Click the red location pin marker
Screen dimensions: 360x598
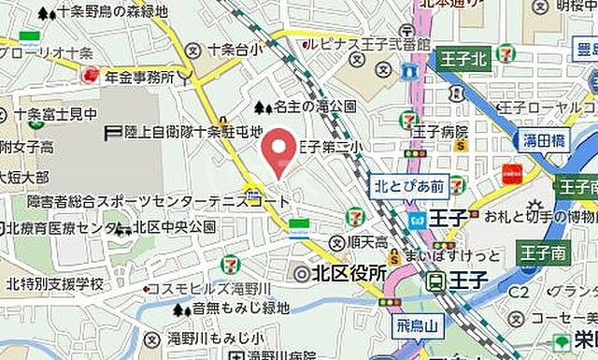pos(276,151)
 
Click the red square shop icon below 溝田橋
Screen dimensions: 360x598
pos(511,173)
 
